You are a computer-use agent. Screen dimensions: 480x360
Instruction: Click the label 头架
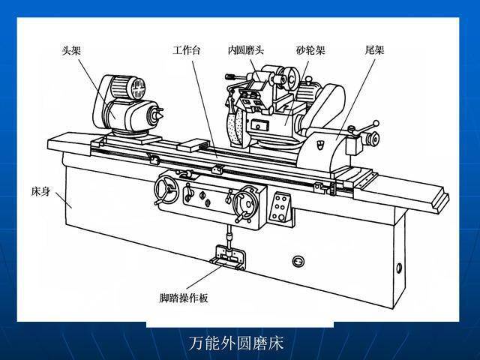71,50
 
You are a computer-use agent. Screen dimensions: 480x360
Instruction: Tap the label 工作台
187,50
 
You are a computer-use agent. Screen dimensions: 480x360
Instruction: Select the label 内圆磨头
246,50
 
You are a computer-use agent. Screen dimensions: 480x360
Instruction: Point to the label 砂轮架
310,50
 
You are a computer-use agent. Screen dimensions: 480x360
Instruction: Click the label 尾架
374,50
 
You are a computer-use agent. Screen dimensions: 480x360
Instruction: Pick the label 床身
40,192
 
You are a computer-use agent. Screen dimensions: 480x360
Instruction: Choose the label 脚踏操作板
184,298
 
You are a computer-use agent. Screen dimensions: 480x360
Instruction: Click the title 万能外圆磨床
235,343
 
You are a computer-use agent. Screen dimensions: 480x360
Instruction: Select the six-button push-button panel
280,207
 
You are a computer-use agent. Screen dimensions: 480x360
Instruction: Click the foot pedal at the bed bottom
227,258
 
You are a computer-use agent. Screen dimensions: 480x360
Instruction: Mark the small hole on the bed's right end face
399,268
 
